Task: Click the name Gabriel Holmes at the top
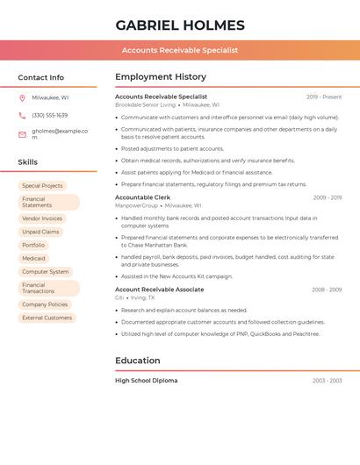(180, 25)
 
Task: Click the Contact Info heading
(40, 77)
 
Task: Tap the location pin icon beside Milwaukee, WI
(22, 97)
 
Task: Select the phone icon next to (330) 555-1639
(22, 115)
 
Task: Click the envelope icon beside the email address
(22, 134)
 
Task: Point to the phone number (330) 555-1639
(49, 115)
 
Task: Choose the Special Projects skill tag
(42, 186)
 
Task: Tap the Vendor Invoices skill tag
(42, 218)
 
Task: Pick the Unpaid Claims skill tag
(40, 232)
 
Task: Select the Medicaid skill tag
(33, 259)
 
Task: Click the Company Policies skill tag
(45, 304)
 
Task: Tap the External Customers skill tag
(47, 318)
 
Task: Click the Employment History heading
(160, 77)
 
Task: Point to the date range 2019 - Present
(324, 97)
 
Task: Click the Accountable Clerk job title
(142, 197)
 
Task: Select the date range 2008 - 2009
(327, 290)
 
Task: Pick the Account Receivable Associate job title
(159, 290)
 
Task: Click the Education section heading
(137, 361)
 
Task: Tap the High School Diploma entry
(146, 381)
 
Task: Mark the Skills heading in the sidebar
(27, 162)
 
